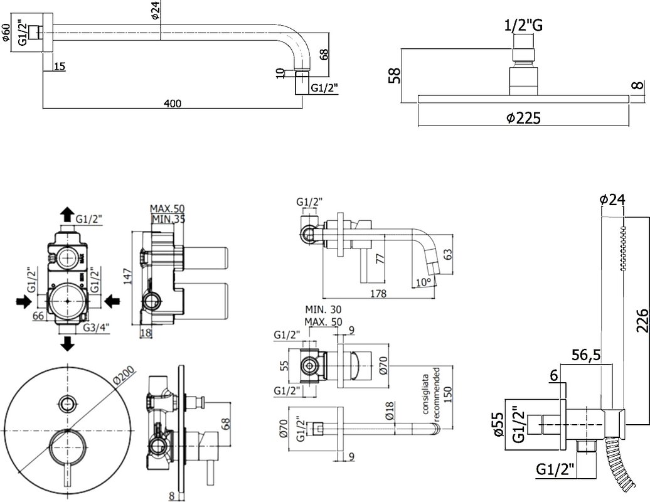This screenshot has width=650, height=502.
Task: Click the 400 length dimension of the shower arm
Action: pos(173,103)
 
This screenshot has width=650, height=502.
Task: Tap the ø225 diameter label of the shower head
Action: pos(523,118)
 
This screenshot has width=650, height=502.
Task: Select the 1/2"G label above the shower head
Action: pos(523,25)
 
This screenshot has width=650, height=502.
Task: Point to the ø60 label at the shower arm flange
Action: pos(6,33)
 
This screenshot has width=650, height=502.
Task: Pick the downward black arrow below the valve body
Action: pos(67,344)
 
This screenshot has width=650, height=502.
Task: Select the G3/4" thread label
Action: pos(96,328)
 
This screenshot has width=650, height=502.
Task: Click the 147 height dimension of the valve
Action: pos(128,277)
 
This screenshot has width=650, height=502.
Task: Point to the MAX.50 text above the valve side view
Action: pos(167,208)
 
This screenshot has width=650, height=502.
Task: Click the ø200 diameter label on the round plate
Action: pos(124,376)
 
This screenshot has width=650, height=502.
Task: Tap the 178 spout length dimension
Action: pos(378,294)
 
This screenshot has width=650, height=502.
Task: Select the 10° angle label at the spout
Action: pos(424,282)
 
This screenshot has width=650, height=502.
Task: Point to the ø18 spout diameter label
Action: pos(390,411)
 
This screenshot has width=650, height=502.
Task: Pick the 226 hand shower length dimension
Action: pos(642,320)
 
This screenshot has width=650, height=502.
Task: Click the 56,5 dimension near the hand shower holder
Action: pos(587,355)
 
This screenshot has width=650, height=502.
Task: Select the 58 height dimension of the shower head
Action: pos(395,76)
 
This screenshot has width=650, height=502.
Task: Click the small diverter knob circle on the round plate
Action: pos(67,403)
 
